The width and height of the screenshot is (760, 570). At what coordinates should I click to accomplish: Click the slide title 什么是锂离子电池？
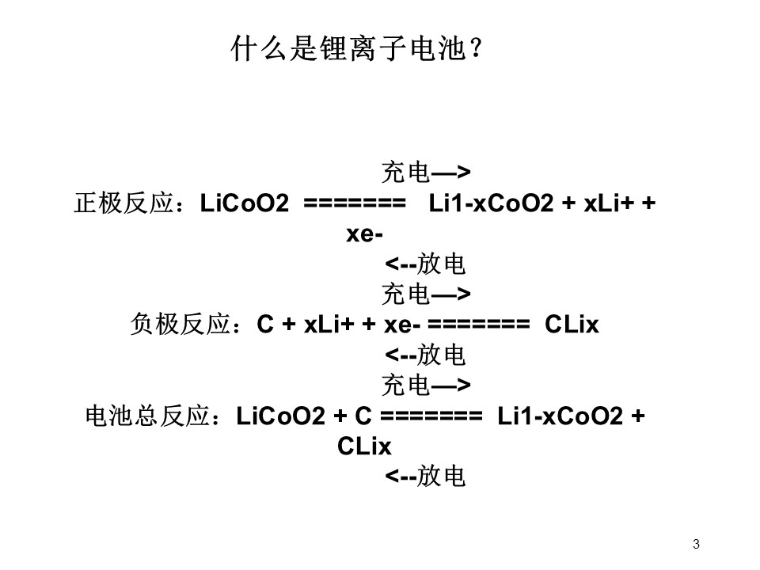pyautogui.click(x=357, y=48)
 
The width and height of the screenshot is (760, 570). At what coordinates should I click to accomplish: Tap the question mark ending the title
pyautogui.click(x=476, y=48)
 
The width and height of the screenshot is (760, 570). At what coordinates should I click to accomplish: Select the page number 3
pyautogui.click(x=696, y=544)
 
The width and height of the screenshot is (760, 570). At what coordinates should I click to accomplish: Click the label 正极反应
pyautogui.click(x=123, y=203)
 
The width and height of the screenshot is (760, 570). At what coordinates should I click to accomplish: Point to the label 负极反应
pyautogui.click(x=180, y=324)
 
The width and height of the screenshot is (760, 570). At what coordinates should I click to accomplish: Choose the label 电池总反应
pyautogui.click(x=147, y=416)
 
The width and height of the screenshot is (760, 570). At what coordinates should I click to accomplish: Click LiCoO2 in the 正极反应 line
pyautogui.click(x=245, y=203)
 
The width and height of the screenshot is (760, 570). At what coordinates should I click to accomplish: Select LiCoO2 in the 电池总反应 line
pyautogui.click(x=280, y=416)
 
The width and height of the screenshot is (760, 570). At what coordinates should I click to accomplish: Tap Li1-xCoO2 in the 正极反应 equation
pyautogui.click(x=491, y=203)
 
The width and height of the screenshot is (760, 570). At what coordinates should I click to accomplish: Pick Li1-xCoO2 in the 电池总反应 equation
pyautogui.click(x=560, y=416)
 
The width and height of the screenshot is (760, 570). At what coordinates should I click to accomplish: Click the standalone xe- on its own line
pyautogui.click(x=364, y=234)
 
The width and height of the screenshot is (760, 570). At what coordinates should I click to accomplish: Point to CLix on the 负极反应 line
pyautogui.click(x=572, y=324)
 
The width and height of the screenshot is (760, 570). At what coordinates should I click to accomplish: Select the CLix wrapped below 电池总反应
pyautogui.click(x=364, y=446)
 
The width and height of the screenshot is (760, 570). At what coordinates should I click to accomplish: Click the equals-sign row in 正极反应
pyautogui.click(x=355, y=203)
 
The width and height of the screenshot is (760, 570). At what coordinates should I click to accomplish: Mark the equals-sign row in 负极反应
pyautogui.click(x=479, y=325)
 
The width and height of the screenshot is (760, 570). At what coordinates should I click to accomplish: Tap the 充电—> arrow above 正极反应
pyautogui.click(x=426, y=172)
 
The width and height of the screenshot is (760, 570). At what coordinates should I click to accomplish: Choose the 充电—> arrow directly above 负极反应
pyautogui.click(x=426, y=294)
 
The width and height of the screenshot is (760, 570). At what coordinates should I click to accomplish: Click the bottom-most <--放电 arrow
pyautogui.click(x=425, y=476)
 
